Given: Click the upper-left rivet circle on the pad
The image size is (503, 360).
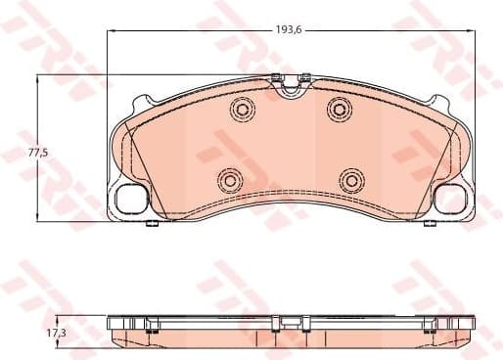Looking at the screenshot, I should tap(241, 110).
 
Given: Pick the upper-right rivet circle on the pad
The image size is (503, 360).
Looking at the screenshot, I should tap(339, 108).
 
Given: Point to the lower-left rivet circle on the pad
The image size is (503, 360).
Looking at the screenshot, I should tap(230, 179).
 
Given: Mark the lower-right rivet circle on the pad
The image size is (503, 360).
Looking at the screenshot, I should tap(350, 179).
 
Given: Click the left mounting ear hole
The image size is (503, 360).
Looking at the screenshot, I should tap(129, 199).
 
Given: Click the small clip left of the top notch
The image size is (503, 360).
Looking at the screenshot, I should tap(276, 78).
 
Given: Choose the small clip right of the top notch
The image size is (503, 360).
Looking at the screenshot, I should tap(305, 78).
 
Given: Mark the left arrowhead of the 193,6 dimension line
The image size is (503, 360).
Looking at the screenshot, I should tap(109, 31).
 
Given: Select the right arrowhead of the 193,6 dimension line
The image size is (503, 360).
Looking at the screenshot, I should tap(473, 31).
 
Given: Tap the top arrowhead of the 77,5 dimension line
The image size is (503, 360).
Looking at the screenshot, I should tap(39, 76).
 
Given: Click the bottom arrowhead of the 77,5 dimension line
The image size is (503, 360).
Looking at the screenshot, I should tap(39, 217).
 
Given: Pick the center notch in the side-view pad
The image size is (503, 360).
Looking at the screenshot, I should tap(290, 320).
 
